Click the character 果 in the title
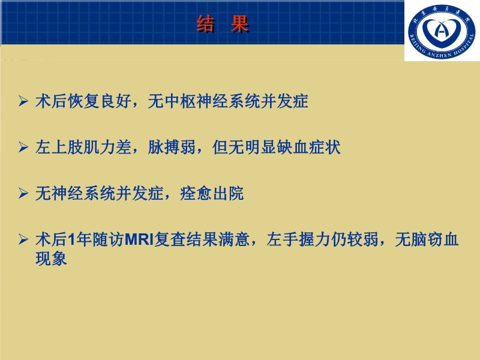[239, 24]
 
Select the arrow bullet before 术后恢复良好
[23, 101]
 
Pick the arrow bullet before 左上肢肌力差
[23, 148]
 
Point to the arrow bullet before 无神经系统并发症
[23, 194]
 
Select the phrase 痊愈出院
[212, 194]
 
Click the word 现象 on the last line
[51, 259]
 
